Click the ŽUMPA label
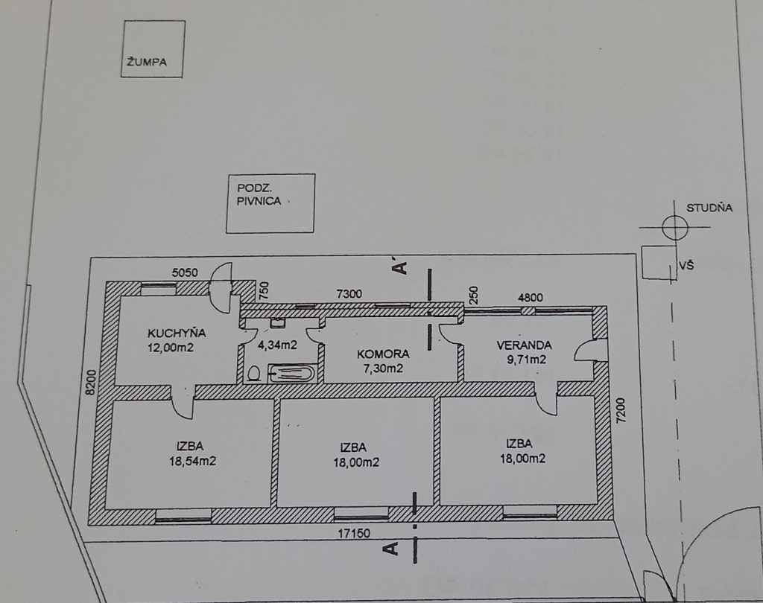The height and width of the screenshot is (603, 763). [147, 62]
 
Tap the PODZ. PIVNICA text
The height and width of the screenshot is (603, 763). [259, 194]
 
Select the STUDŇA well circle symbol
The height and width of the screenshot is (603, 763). [675, 227]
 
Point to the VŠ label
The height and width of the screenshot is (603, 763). [686, 266]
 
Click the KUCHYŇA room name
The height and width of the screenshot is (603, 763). [177, 333]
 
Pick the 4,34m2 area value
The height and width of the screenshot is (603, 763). [277, 345]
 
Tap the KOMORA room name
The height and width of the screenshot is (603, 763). [383, 354]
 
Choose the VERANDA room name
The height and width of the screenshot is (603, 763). [524, 345]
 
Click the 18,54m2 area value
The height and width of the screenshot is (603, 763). [193, 461]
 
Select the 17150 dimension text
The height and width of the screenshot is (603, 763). [354, 534]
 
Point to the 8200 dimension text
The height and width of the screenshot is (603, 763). [92, 382]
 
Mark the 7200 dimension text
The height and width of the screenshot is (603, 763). [621, 410]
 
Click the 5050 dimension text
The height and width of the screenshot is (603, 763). [185, 272]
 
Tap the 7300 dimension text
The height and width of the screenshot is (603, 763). [349, 294]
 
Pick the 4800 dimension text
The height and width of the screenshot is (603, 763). [531, 297]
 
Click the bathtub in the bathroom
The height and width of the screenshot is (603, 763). [291, 374]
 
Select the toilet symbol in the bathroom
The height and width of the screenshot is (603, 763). [254, 374]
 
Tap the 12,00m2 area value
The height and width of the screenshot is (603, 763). [171, 348]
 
